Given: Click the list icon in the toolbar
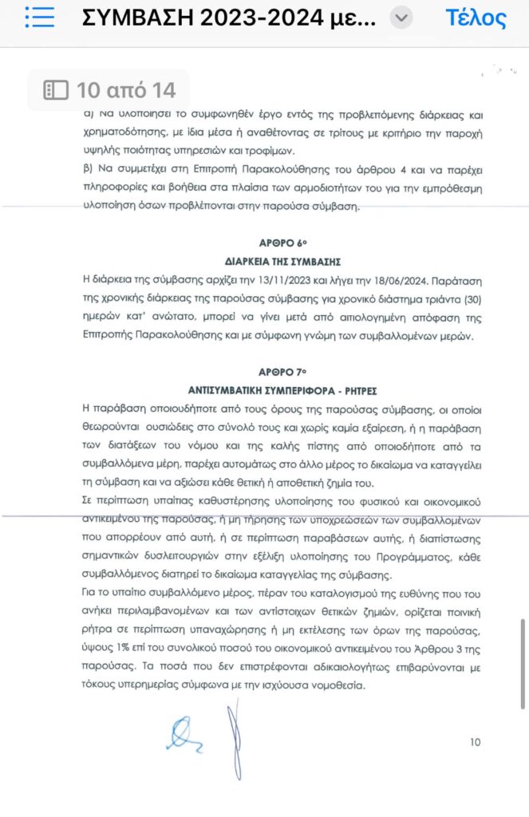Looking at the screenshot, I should point(39,17).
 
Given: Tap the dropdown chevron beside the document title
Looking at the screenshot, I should point(404,18).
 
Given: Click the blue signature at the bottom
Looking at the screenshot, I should point(184,733).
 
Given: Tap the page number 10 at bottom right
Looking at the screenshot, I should point(475,742).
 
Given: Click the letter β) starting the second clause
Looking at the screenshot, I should point(89,170).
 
